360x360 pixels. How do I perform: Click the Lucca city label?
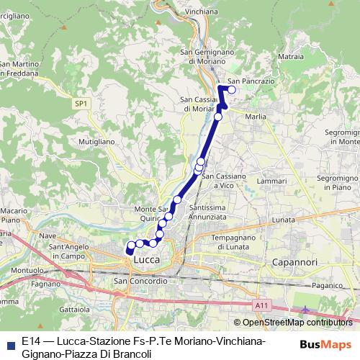coord(146,259)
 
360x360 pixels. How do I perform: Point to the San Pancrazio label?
coord(251,81)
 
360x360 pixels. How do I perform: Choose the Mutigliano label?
coord(97,142)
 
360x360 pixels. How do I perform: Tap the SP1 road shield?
coord(81,104)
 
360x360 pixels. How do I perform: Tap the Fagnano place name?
coord(46,284)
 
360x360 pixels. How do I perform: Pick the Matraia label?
coord(289,55)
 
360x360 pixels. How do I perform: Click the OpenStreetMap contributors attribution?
coord(283,322)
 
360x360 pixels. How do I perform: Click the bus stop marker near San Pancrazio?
coord(231,90)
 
